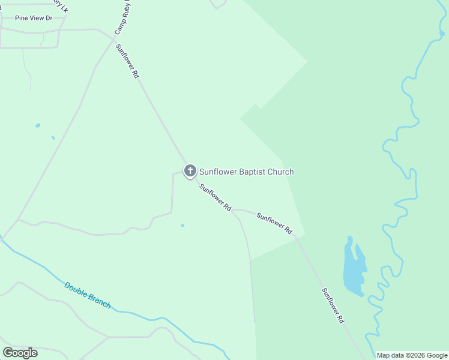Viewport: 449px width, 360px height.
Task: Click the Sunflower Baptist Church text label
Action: click(x=246, y=172)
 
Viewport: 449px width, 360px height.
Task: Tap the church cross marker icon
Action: click(x=190, y=171)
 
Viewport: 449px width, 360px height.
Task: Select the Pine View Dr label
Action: click(x=34, y=19)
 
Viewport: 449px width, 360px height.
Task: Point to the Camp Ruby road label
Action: click(x=122, y=18)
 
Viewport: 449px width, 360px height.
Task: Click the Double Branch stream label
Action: click(x=88, y=295)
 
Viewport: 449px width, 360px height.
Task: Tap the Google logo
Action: click(x=20, y=352)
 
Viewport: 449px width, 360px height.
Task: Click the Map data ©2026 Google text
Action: click(x=411, y=355)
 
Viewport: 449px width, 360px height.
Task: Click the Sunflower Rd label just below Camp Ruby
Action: click(x=128, y=61)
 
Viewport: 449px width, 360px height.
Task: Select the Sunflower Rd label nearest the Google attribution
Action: click(x=333, y=306)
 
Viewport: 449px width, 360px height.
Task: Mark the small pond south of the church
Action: click(x=182, y=226)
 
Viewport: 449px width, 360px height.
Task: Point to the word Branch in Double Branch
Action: click(x=99, y=300)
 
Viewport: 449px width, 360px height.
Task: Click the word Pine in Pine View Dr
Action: click(x=22, y=19)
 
